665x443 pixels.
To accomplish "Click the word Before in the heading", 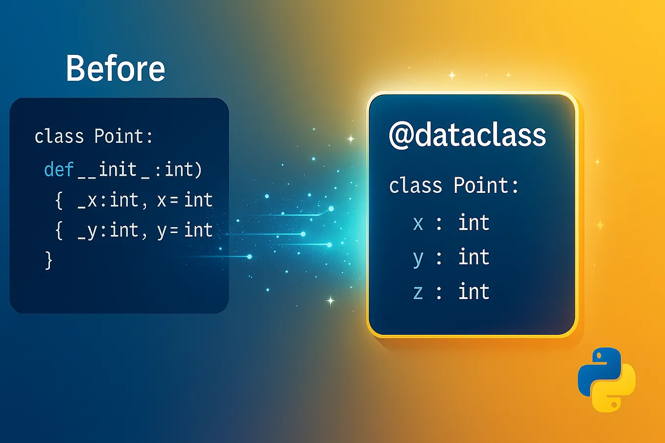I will pos(116,69).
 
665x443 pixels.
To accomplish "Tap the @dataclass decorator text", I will pos(467,135).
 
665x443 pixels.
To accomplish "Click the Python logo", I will pos(606,379).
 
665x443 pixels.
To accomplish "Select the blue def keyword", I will pos(58,170).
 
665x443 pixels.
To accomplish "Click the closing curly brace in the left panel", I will pos(48,260).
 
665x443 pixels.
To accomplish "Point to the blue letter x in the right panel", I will pos(418,224).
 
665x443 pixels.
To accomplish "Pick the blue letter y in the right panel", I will pos(418,258).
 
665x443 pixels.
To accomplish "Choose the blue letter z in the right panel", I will pos(418,292).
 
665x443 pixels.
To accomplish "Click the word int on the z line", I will pos(474,292).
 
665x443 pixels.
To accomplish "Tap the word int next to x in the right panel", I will pos(474,223).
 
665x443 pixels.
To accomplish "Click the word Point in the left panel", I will pos(119,136).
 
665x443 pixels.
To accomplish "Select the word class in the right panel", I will pos(415,186).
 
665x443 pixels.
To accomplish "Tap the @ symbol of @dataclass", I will pos(401,135).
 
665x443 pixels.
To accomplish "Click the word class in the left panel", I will pos(59,136).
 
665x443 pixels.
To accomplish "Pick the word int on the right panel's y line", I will pos(474,257).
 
